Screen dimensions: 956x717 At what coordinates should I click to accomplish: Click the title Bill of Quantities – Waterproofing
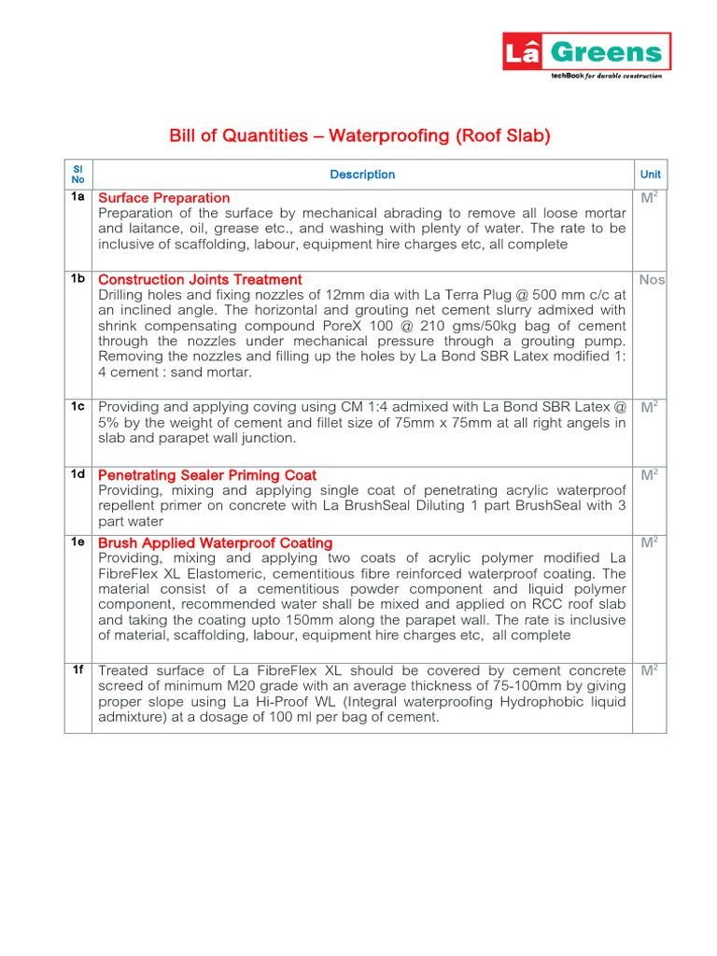click(359, 136)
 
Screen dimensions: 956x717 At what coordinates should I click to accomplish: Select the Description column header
click(362, 175)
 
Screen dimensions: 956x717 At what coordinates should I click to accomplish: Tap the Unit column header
click(650, 175)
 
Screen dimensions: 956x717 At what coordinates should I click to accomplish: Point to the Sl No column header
click(77, 175)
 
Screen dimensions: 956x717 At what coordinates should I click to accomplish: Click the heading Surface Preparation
click(164, 198)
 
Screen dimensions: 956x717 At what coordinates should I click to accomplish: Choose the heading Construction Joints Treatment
click(200, 279)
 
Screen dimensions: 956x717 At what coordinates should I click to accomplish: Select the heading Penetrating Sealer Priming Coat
click(207, 475)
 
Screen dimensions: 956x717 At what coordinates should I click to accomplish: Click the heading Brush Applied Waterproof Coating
click(216, 542)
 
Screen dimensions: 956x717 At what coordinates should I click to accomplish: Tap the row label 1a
click(77, 197)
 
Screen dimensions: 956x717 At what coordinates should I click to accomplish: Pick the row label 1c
click(77, 406)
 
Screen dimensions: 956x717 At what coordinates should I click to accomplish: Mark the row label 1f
click(77, 669)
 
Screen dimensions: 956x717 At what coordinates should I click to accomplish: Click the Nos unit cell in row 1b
click(652, 280)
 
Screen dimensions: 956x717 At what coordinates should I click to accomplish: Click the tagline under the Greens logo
click(605, 76)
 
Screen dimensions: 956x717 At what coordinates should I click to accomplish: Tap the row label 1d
click(77, 474)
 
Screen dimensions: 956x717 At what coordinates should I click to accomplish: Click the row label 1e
click(77, 541)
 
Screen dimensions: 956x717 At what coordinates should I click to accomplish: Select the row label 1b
click(77, 278)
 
